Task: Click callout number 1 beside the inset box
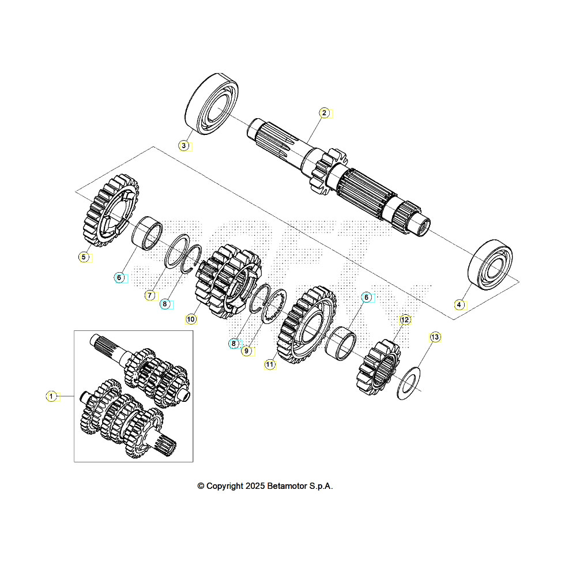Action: point(51,396)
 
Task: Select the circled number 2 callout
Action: point(325,113)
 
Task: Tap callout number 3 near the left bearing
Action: point(183,145)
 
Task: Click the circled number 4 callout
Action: point(459,304)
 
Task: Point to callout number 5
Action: point(84,257)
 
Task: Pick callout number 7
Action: point(149,295)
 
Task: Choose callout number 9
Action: point(246,351)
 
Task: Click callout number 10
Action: point(191,318)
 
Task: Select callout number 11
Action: point(270,364)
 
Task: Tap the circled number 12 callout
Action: point(405,319)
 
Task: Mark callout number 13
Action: point(435,337)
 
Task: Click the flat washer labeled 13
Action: point(408,383)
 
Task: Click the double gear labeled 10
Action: point(228,282)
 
